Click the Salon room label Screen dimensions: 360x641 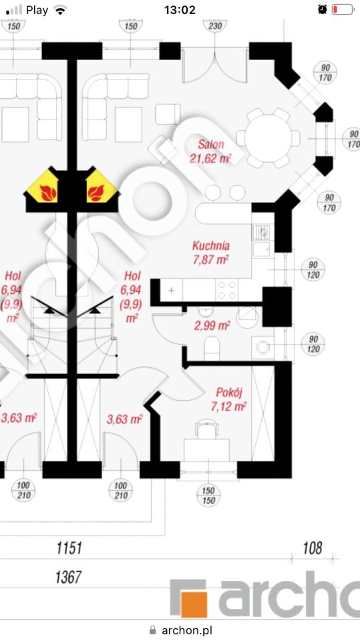[x=211, y=144]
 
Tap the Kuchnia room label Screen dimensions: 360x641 [x=210, y=246]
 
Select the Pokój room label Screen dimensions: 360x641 [x=229, y=393]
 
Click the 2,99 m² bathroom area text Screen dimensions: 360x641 [x=212, y=326]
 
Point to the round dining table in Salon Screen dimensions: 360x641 [x=268, y=138]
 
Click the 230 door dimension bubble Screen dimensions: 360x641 [x=215, y=26]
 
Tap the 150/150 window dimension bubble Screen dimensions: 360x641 [x=208, y=495]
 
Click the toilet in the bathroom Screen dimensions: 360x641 [x=212, y=347]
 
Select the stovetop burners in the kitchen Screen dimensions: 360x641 [x=226, y=289]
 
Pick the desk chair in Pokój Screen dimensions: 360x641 [x=206, y=429]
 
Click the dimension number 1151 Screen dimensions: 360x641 [x=69, y=548]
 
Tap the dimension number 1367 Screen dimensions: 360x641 [x=68, y=577]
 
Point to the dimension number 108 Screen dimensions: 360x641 [x=313, y=548]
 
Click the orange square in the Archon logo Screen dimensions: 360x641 [x=194, y=604]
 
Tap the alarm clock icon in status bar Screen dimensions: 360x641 [x=323, y=9]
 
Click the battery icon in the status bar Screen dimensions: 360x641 [x=343, y=9]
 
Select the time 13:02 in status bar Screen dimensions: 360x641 [x=180, y=9]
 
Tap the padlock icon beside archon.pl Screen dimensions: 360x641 [x=152, y=630]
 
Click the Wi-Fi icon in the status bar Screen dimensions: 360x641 [x=61, y=10]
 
